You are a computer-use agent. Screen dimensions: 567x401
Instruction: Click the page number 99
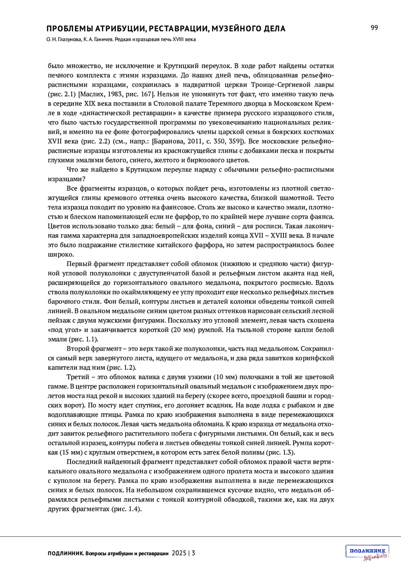coord(374,28)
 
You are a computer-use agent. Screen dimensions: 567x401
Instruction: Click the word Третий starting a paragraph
coord(78,377)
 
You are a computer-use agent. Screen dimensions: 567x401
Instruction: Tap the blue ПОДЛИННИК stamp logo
coord(367,551)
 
